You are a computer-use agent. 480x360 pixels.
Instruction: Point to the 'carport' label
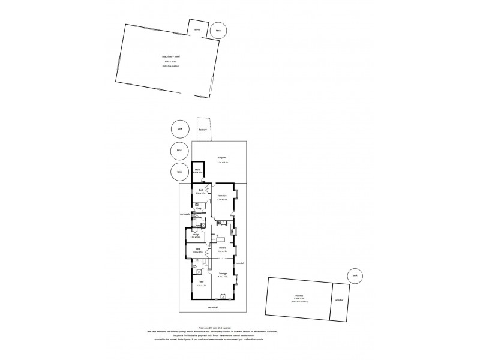(x=221, y=157)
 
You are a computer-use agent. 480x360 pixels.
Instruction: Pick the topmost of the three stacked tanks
(x=179, y=128)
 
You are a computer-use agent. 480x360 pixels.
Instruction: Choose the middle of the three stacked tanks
(x=179, y=150)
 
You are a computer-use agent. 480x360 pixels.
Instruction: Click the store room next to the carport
(x=197, y=170)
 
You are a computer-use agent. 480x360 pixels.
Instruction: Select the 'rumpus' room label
(x=221, y=196)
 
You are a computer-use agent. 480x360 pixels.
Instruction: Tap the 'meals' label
(x=221, y=247)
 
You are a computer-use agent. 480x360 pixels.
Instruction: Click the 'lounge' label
(x=222, y=274)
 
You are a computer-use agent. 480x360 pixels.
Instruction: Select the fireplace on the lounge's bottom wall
(x=223, y=295)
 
